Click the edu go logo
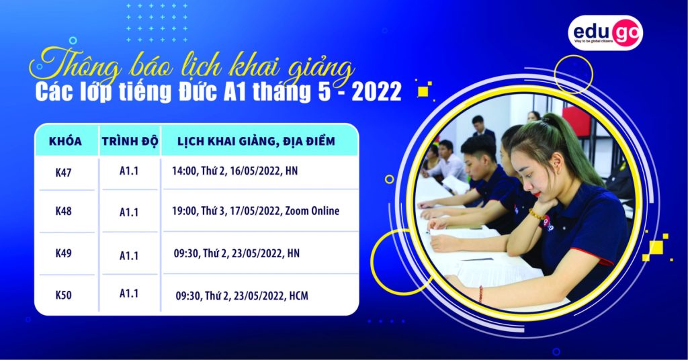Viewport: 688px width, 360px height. coord(605,33)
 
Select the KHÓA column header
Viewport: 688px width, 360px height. coord(65,141)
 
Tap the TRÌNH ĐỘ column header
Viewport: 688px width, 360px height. coord(130,142)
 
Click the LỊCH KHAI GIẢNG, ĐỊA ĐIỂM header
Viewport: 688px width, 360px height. coord(256,142)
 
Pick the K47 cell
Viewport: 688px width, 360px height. coord(63,173)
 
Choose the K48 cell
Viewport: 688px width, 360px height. coord(63,211)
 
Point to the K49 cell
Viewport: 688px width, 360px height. coord(63,253)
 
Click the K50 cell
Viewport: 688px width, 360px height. coord(63,295)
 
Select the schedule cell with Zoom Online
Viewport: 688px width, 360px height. coord(255,211)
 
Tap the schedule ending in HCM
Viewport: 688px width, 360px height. coord(242,296)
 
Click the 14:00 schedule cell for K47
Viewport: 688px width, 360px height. coord(234,171)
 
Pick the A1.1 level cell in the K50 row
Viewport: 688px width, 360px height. coord(129,294)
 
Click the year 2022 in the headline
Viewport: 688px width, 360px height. coord(376,92)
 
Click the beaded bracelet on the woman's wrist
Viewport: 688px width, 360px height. coord(537,215)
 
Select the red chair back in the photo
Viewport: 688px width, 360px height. coord(577,122)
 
